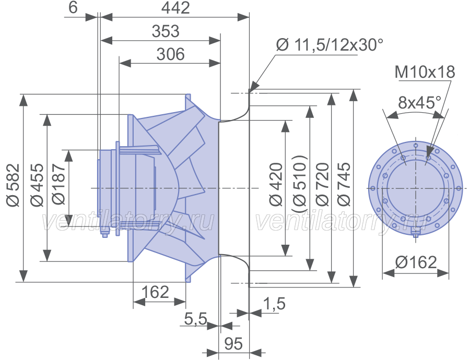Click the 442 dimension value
(x=175, y=8)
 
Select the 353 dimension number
(x=166, y=31)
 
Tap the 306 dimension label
(x=171, y=54)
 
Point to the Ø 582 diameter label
(x=14, y=185)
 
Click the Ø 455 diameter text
(x=37, y=185)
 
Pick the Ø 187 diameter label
(x=58, y=184)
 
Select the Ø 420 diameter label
(x=276, y=184)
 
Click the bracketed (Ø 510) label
(x=299, y=184)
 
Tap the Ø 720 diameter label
(x=322, y=184)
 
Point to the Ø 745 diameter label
(x=344, y=184)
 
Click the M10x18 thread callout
(x=425, y=72)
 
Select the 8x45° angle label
(x=420, y=103)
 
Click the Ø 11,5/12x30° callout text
(x=330, y=45)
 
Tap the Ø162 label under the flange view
(x=416, y=262)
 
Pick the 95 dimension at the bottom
(x=233, y=343)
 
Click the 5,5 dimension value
(x=195, y=319)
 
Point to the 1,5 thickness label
(x=274, y=304)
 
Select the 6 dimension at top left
(x=73, y=7)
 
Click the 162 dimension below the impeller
(x=155, y=292)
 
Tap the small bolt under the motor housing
(x=104, y=233)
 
